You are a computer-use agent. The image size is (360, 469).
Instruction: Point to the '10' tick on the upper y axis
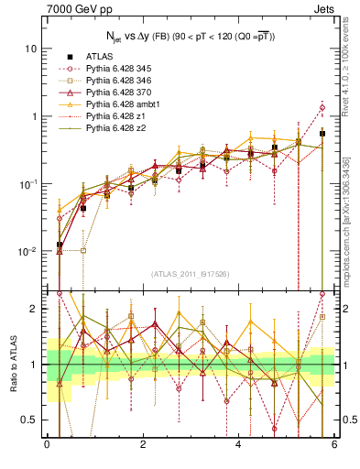click(31, 49)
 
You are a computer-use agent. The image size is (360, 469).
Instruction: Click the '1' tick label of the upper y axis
click(34, 116)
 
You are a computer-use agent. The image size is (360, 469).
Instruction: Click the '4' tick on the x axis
click(238, 445)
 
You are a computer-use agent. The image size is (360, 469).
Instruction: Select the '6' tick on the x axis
click(334, 445)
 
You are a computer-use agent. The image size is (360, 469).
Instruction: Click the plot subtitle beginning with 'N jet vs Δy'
click(190, 36)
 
